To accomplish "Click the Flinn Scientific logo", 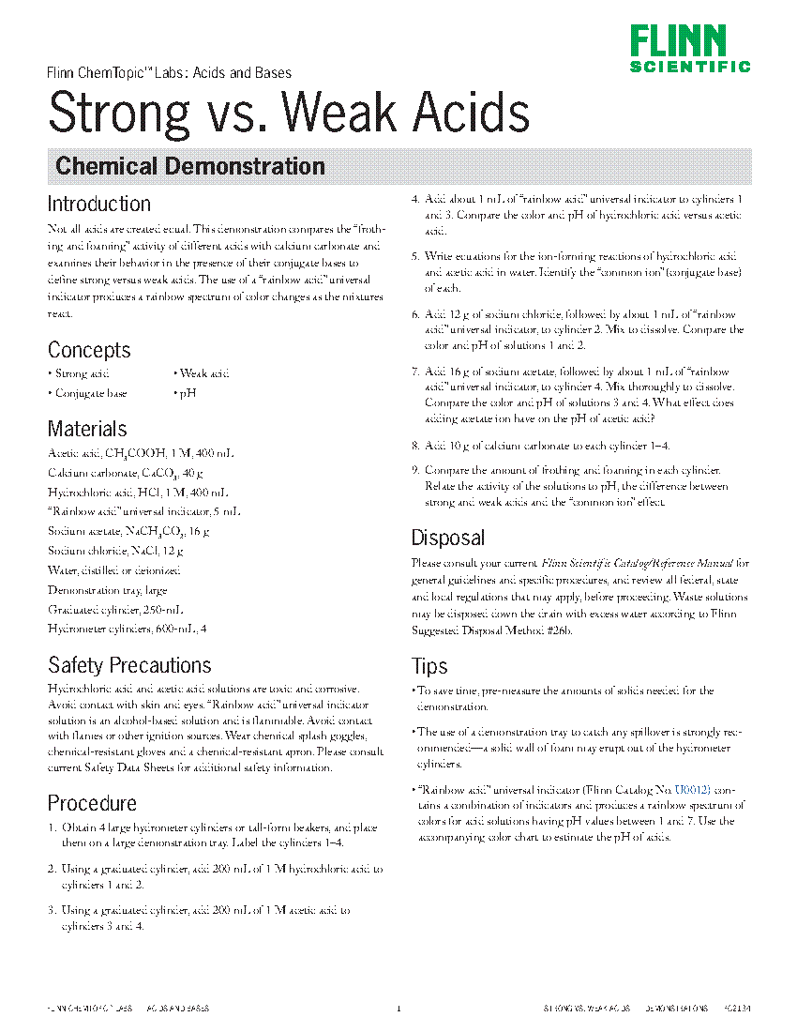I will tap(689, 48).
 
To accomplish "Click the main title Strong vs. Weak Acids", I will tap(289, 113).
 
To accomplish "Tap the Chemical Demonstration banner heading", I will tap(190, 167).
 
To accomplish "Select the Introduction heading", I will tap(98, 204).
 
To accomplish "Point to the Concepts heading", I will tap(89, 350).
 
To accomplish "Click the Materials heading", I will tap(87, 429).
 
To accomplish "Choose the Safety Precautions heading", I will tap(129, 665).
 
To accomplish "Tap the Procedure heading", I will tap(92, 803).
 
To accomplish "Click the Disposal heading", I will tap(448, 538).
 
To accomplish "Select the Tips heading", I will tap(429, 666).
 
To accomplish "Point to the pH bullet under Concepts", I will tap(185, 393).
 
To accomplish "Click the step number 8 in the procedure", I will tap(415, 446).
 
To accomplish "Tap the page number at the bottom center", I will tap(398, 1009).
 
